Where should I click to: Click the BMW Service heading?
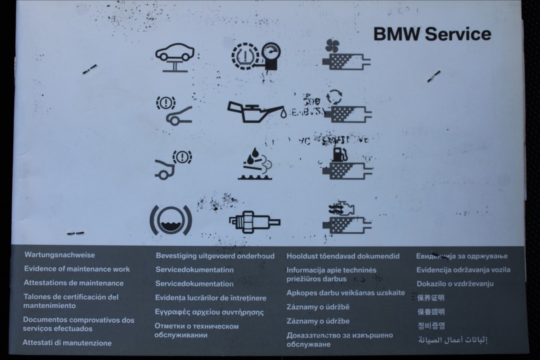tap(432, 34)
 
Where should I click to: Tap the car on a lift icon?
tap(175, 57)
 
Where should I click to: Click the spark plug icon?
tap(254, 222)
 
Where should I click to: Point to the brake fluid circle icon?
tap(171, 220)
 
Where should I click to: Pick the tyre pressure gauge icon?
tap(255, 59)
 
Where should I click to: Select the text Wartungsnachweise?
tap(59, 255)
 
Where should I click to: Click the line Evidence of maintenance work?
tap(77, 269)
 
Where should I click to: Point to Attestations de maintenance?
tap(73, 283)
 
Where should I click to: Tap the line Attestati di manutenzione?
tap(67, 342)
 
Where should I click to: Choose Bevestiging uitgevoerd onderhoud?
tap(215, 256)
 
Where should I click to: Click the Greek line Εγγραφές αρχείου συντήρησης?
tap(209, 312)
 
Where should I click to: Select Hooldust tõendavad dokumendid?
tap(343, 256)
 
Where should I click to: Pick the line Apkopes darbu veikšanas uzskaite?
tap(346, 293)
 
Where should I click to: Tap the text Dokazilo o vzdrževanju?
tap(455, 283)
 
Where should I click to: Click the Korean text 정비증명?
tap(431, 325)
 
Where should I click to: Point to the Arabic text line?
tap(453, 340)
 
